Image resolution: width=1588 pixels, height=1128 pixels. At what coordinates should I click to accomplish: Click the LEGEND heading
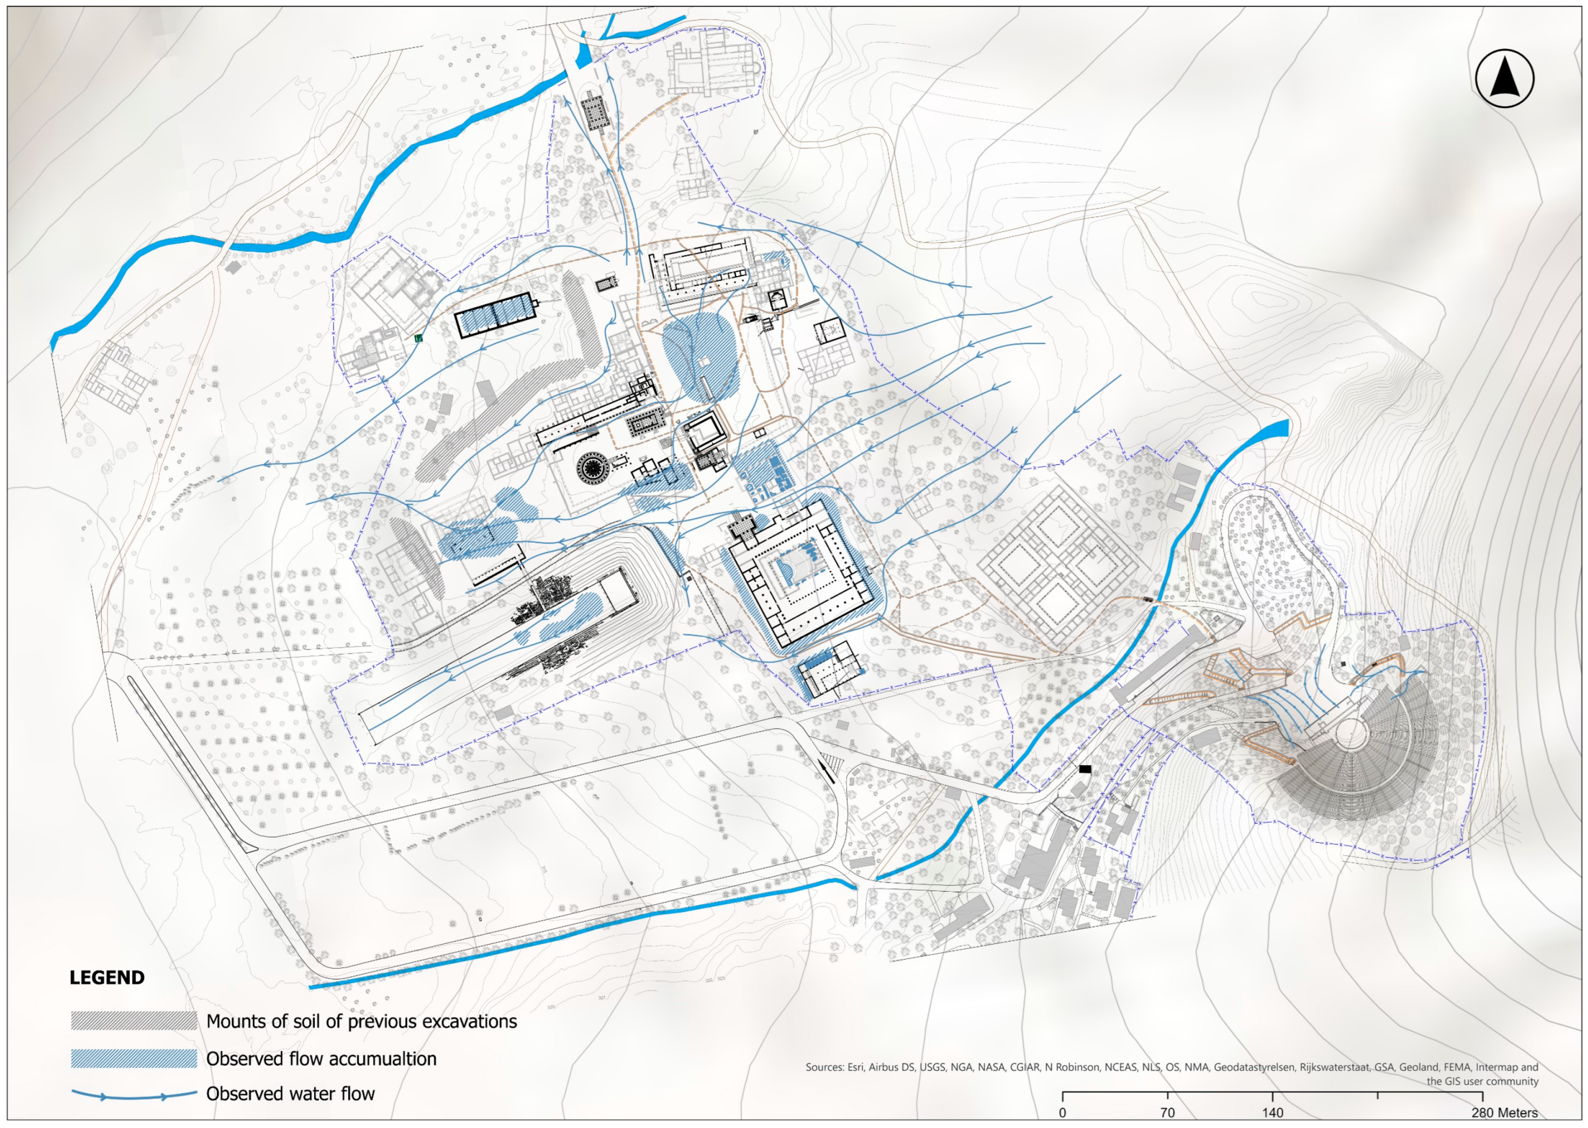coord(107,977)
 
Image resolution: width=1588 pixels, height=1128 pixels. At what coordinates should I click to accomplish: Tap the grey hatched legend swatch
coord(134,1021)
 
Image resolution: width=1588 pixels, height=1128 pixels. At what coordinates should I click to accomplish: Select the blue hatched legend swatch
coord(134,1059)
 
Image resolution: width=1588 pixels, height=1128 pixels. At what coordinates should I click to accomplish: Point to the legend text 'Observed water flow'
coord(290,1094)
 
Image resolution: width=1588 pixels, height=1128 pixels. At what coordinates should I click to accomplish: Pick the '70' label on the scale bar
coord(1167,1113)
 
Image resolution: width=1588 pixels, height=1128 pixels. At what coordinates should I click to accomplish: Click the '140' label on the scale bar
coord(1272,1113)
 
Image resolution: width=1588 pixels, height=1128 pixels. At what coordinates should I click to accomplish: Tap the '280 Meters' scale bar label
coord(1504,1113)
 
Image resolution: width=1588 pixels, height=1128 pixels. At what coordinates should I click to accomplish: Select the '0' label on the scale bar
coord(1062,1113)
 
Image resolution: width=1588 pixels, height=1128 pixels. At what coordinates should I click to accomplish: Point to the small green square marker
coord(418,339)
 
